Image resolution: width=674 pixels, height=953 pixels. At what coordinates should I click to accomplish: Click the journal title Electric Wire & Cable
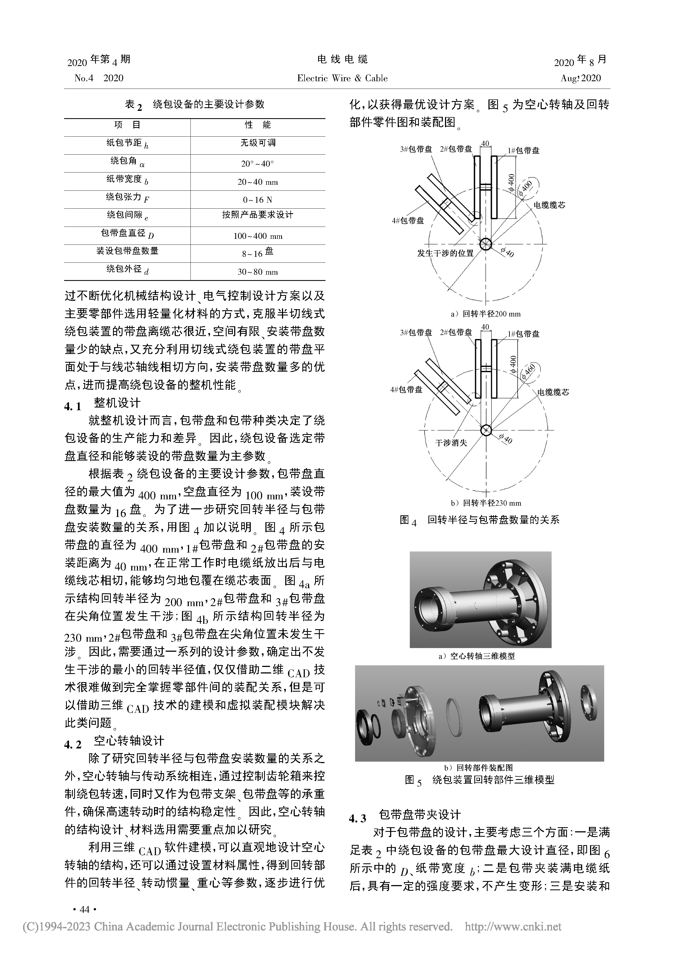(342, 79)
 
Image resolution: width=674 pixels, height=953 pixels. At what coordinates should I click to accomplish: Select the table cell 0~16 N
(257, 200)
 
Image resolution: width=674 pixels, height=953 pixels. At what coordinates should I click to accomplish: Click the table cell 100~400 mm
(257, 236)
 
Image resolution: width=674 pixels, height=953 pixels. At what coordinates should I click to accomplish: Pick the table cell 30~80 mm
(257, 272)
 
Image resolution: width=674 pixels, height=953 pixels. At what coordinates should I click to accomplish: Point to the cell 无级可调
(257, 143)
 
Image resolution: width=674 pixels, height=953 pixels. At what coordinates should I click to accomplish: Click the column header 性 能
(257, 125)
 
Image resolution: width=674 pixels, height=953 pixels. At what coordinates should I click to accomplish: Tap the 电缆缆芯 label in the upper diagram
(549, 205)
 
